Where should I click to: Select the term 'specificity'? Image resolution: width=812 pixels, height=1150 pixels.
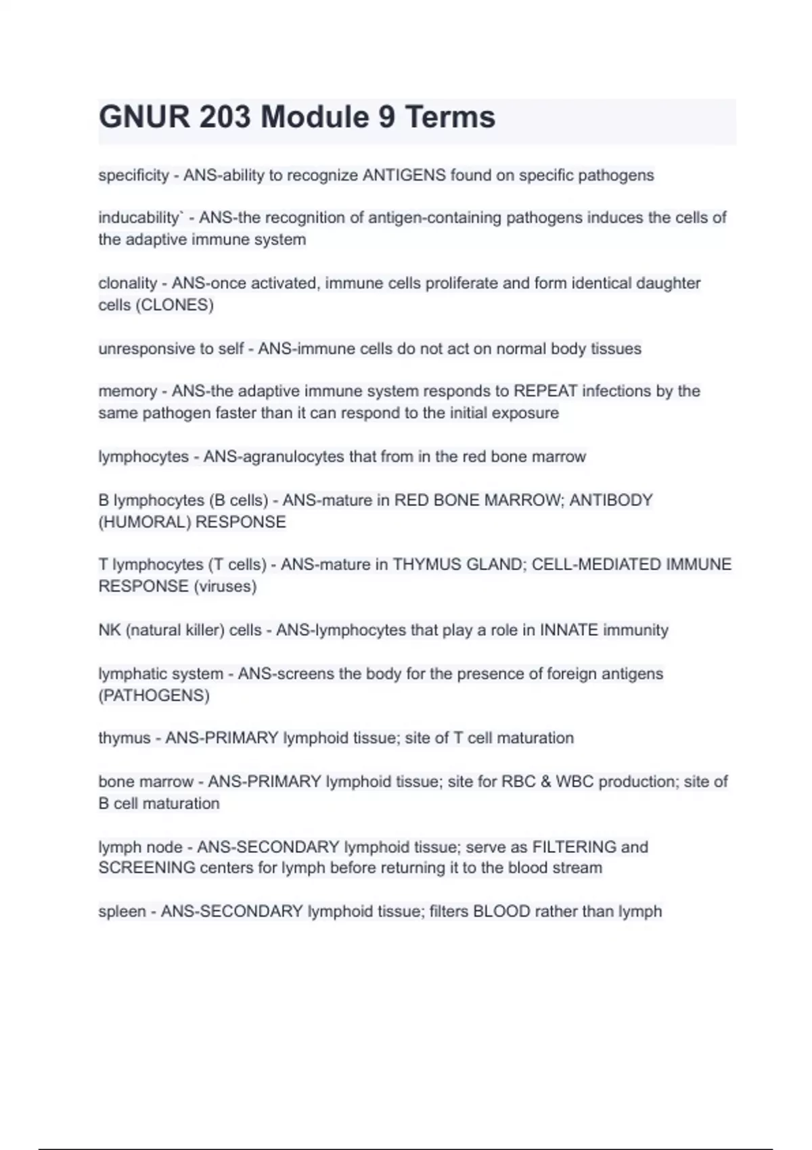[133, 175]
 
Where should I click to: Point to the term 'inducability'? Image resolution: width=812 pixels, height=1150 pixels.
[138, 218]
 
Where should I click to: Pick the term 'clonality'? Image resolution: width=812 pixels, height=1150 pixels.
[127, 283]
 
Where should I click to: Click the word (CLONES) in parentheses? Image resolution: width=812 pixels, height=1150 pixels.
[175, 305]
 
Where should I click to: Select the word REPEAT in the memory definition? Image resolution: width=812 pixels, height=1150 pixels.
[545, 391]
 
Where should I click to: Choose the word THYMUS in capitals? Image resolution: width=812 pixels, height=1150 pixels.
[427, 564]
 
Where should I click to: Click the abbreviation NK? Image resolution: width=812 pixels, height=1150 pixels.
[109, 630]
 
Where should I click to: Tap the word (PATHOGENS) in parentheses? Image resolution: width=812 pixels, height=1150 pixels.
[154, 695]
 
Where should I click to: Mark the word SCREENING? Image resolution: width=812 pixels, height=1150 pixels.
[146, 868]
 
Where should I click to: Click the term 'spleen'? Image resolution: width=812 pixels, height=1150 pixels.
[122, 912]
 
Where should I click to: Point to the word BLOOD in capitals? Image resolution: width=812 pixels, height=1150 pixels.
[501, 911]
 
